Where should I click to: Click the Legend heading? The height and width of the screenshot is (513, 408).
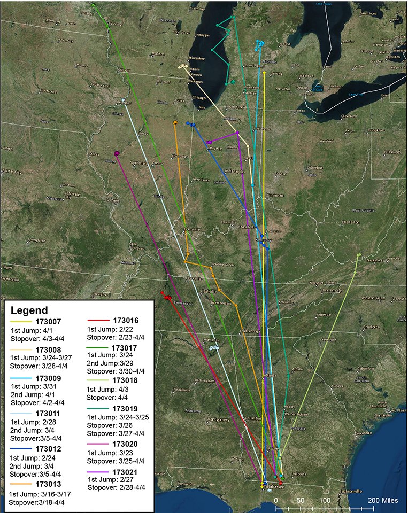pyautogui.click(x=29, y=310)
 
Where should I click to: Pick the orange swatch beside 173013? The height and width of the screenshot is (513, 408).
pyautogui.click(x=21, y=485)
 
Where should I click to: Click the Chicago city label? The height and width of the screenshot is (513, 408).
pyautogui.click(x=199, y=98)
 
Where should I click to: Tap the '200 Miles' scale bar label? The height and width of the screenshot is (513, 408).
pyautogui.click(x=383, y=500)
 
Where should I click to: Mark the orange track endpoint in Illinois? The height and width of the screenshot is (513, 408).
pyautogui.click(x=175, y=123)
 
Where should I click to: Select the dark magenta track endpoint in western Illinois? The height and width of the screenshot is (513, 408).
pyautogui.click(x=117, y=154)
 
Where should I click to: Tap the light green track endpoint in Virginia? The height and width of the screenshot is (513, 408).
pyautogui.click(x=358, y=255)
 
